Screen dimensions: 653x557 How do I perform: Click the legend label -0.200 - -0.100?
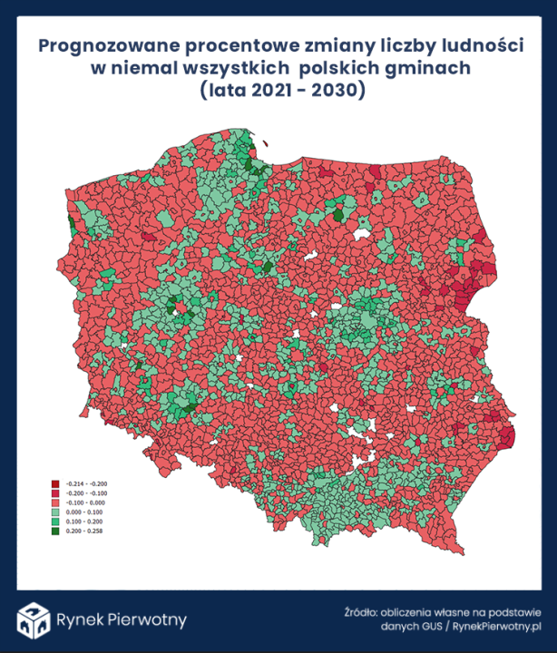pos(87,493)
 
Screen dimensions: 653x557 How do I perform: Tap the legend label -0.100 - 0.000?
pos(86,502)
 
